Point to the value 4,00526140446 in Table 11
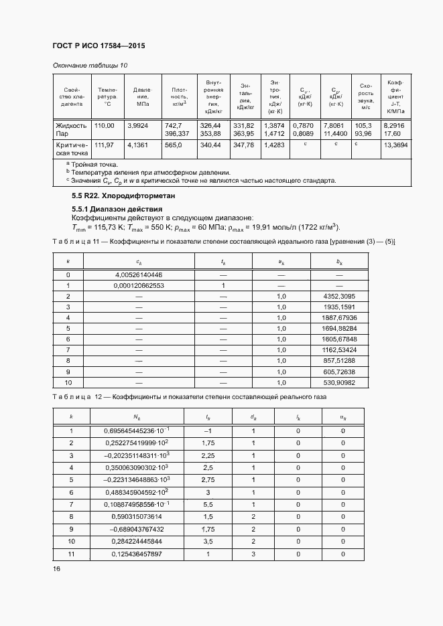[x=139, y=275]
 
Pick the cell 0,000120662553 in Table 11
[x=139, y=285]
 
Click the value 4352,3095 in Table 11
[x=339, y=296]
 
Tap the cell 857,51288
[x=339, y=360]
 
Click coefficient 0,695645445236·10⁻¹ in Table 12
[x=139, y=431]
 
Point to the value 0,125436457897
[x=139, y=554]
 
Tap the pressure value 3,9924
[x=138, y=125]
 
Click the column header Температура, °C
[x=107, y=97]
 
